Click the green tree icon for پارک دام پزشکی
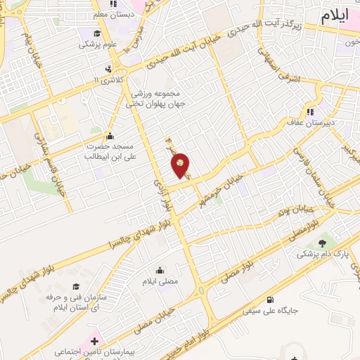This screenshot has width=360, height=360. (x=322, y=243)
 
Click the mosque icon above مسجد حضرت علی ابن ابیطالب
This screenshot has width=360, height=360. (x=109, y=136)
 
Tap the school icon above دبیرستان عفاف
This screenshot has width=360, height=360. (x=310, y=111)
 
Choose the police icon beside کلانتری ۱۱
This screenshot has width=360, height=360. (x=108, y=69)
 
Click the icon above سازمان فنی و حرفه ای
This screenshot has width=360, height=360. (x=76, y=287)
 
